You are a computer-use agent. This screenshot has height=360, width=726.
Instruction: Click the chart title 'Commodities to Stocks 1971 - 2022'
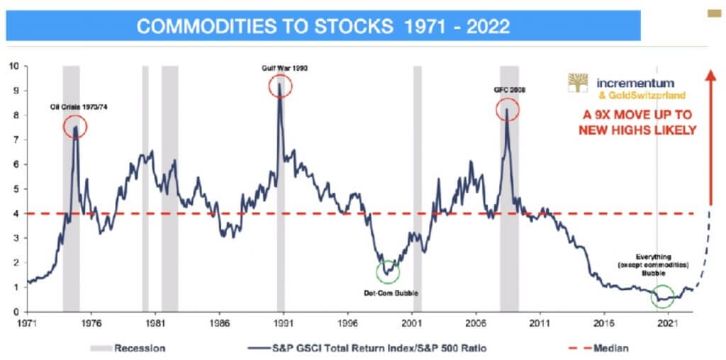323,27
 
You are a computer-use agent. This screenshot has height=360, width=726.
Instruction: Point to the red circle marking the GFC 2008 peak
507,109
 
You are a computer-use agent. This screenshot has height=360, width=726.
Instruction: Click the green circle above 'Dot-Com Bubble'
388,271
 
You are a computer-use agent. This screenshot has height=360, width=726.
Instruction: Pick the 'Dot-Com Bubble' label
388,291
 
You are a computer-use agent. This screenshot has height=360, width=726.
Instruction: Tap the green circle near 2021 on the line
663,296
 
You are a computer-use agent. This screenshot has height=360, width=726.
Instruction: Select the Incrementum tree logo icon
578,84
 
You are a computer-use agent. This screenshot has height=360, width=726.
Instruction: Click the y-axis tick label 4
14,213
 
